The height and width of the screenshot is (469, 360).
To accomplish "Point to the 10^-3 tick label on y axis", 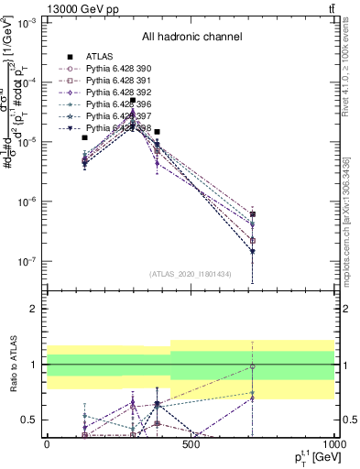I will point(25,23).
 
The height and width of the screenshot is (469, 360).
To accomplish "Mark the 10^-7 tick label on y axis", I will point(25,262).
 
